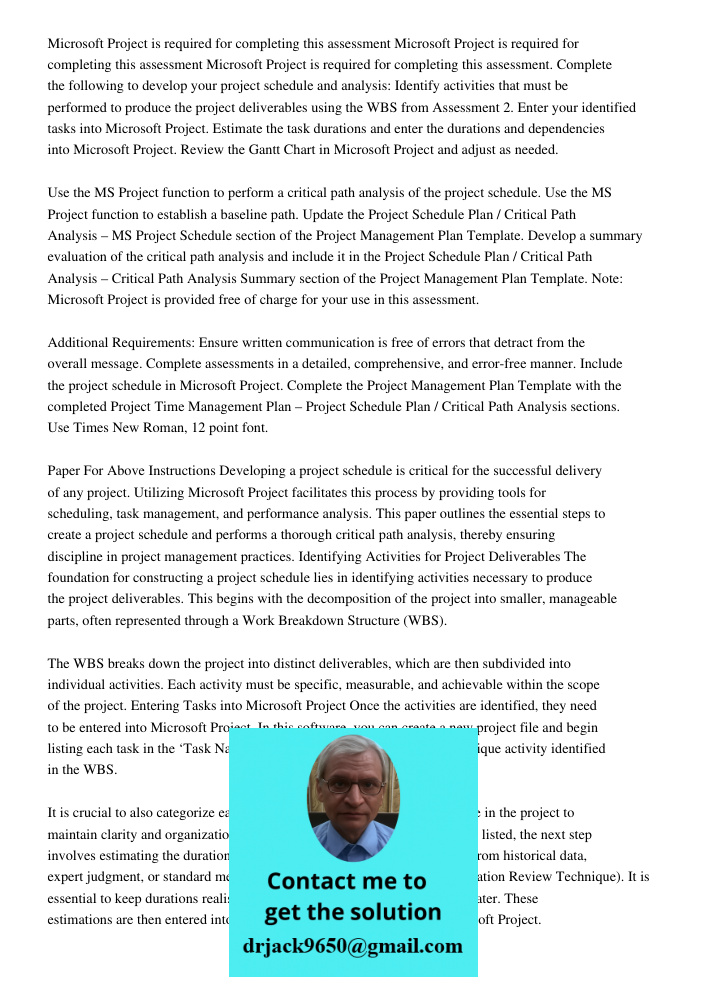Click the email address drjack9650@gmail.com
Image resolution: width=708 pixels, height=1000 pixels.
(x=352, y=946)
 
